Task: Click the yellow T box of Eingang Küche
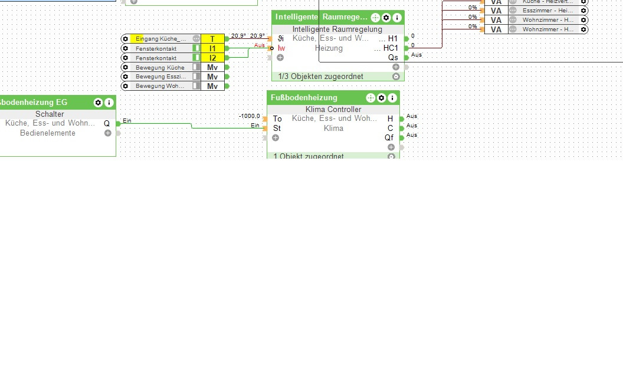click(x=212, y=39)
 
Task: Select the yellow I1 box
click(x=212, y=48)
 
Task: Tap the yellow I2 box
click(x=212, y=58)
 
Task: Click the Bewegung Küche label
click(x=160, y=67)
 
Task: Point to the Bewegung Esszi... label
click(x=160, y=77)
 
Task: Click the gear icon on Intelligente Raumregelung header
click(x=386, y=18)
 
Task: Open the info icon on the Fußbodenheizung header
click(x=392, y=98)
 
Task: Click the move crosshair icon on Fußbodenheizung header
click(x=370, y=98)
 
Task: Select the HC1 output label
click(x=391, y=48)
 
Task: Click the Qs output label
click(x=393, y=57)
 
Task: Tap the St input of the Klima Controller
click(x=277, y=128)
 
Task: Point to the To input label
click(x=277, y=119)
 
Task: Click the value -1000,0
click(x=249, y=116)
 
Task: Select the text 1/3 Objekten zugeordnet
click(x=321, y=77)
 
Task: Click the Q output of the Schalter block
click(x=107, y=123)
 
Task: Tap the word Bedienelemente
click(x=48, y=133)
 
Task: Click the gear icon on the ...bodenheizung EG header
click(x=98, y=103)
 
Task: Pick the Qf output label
click(x=389, y=137)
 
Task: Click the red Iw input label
click(x=281, y=48)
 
